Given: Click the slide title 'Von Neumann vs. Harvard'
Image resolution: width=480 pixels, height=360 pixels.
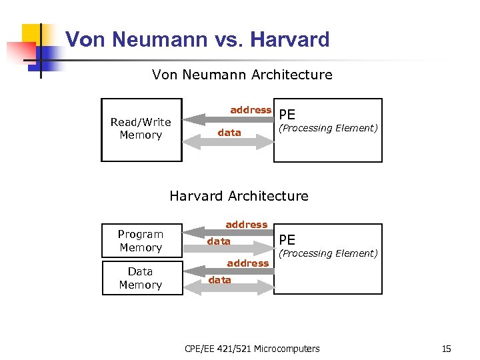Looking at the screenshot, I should (x=197, y=39).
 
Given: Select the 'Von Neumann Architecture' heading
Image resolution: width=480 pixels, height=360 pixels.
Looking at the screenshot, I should (x=242, y=75).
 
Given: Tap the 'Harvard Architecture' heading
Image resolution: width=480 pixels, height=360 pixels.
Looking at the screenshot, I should (x=239, y=196).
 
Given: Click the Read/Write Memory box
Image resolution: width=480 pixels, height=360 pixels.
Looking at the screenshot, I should (x=141, y=129).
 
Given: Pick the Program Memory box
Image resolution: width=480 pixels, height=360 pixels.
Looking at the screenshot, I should (x=141, y=241).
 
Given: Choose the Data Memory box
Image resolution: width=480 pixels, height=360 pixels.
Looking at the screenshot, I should (x=141, y=278).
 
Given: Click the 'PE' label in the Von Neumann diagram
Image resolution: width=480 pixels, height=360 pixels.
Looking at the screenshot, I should (x=287, y=114).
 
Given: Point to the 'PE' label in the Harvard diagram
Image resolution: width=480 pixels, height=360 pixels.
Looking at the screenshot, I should (x=287, y=239).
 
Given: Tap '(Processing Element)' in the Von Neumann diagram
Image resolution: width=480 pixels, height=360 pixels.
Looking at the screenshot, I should (x=328, y=128).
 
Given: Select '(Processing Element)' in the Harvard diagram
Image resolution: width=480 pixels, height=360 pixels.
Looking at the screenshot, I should (x=328, y=253).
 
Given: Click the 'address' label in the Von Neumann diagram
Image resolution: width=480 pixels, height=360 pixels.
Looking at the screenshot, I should (x=251, y=110).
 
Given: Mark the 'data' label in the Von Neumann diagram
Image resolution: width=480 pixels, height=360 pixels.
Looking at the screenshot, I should (x=229, y=133).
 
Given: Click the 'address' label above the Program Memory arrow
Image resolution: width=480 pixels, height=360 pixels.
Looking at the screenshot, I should (x=246, y=225).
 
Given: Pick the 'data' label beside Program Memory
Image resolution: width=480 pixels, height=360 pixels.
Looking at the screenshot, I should (x=219, y=241).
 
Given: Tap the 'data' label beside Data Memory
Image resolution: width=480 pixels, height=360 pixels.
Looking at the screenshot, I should (x=219, y=280).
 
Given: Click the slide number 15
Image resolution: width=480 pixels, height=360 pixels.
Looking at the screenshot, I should (x=446, y=349).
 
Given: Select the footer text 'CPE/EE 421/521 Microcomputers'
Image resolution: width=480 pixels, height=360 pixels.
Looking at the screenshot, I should (x=252, y=349).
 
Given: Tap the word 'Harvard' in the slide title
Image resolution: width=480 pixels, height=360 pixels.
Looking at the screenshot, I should (x=290, y=39).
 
